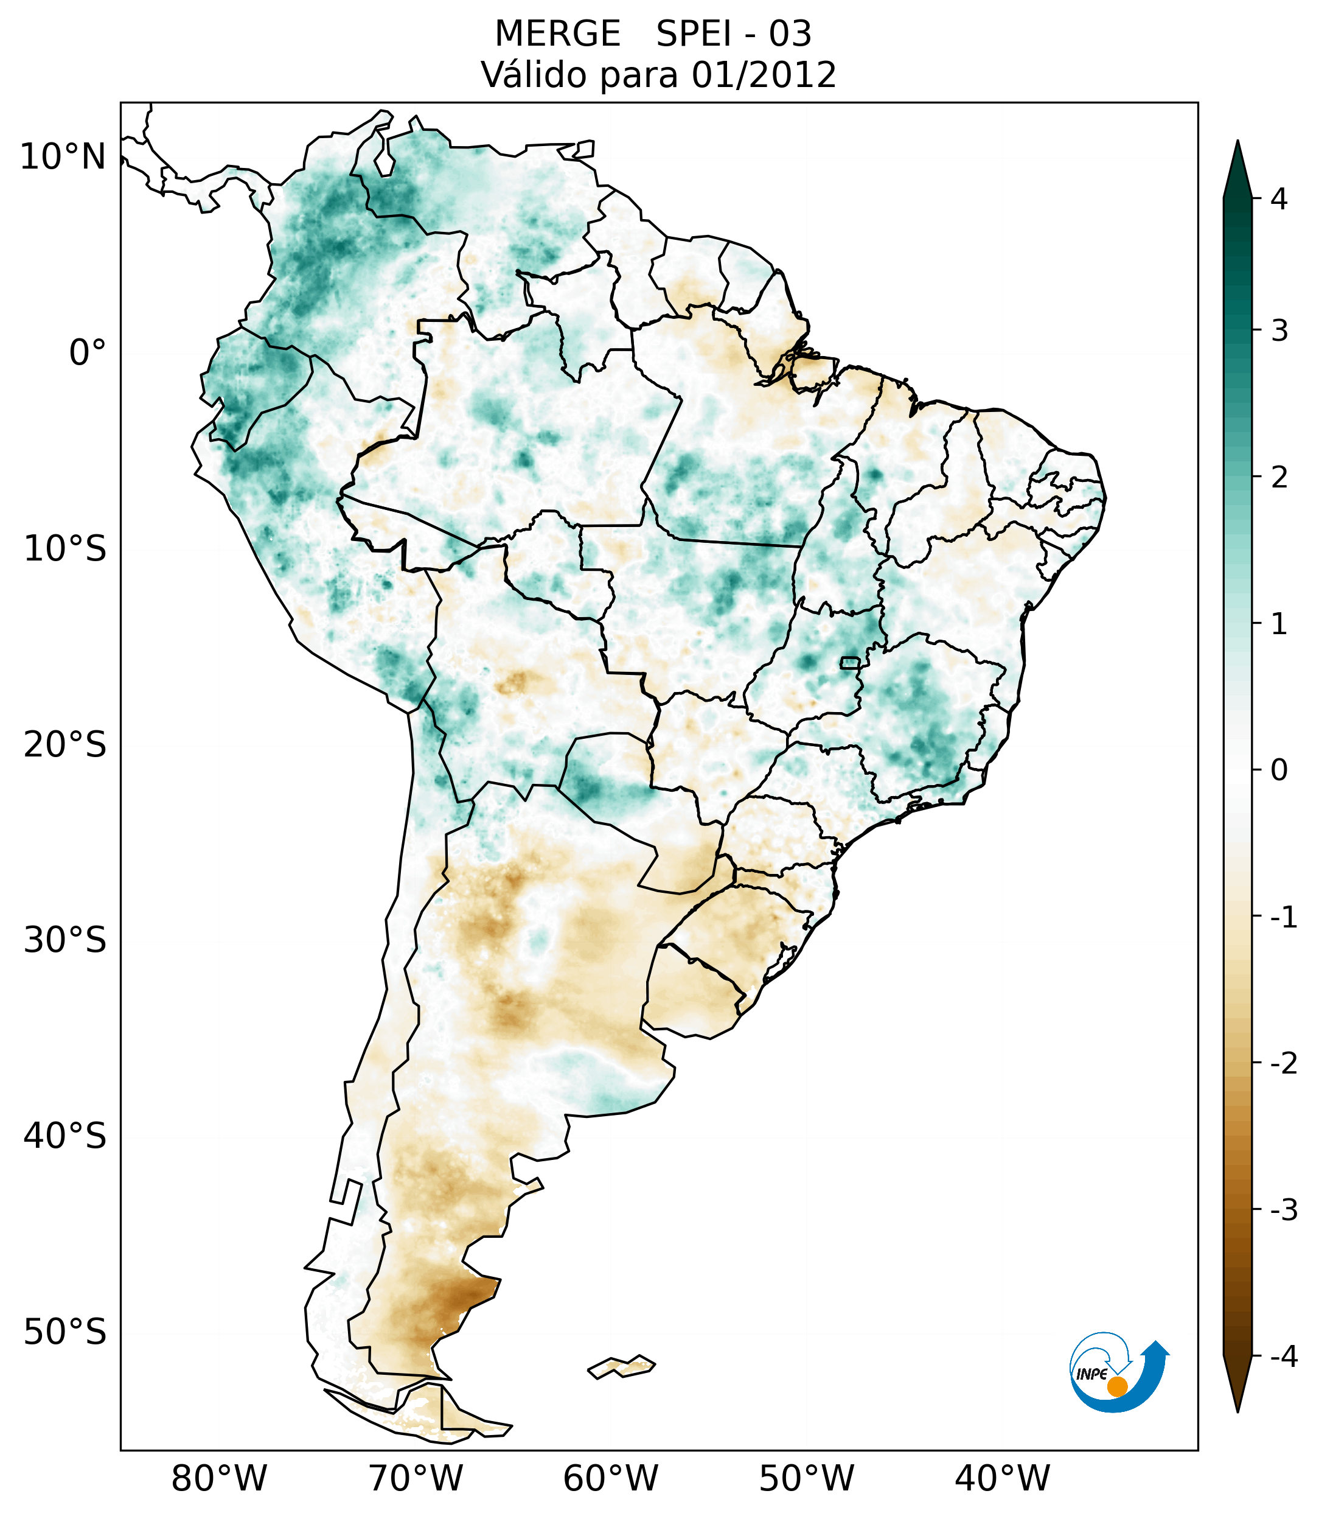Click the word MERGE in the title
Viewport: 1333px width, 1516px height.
tap(557, 34)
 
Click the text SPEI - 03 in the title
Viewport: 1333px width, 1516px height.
tap(733, 34)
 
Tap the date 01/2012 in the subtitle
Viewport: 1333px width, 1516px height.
tap(764, 75)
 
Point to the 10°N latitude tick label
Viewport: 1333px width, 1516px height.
tap(63, 157)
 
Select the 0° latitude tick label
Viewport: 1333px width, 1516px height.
tap(87, 353)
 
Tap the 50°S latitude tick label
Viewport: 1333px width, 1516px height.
tap(65, 1333)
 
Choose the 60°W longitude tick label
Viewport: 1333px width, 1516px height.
tap(610, 1479)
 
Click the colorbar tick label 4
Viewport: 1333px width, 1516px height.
tap(1279, 199)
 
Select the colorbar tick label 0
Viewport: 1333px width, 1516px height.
tap(1279, 770)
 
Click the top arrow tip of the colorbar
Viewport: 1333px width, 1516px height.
tap(1237, 142)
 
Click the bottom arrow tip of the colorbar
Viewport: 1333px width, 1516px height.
tap(1237, 1410)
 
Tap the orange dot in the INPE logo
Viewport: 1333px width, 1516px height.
tap(1117, 1386)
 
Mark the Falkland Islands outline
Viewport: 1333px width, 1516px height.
tap(621, 1367)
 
